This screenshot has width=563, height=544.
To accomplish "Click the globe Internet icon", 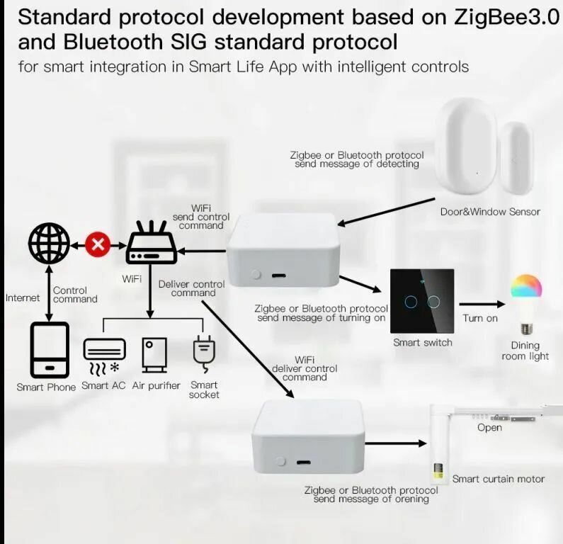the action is (49, 244).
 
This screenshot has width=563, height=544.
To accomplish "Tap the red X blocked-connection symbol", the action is (98, 245).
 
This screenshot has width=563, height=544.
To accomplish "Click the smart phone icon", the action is (49, 349).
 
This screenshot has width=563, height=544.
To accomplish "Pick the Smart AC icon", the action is (104, 355).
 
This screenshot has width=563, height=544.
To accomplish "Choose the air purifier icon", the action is (154, 354).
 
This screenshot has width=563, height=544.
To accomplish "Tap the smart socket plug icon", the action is (203, 354).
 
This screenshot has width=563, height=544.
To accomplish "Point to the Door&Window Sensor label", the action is (490, 211).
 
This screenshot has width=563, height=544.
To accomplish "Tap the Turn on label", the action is (480, 318).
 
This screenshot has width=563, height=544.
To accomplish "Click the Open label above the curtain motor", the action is (489, 427).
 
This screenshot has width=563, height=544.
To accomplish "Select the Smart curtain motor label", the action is (499, 479).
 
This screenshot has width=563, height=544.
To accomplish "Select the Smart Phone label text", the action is (46, 387).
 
